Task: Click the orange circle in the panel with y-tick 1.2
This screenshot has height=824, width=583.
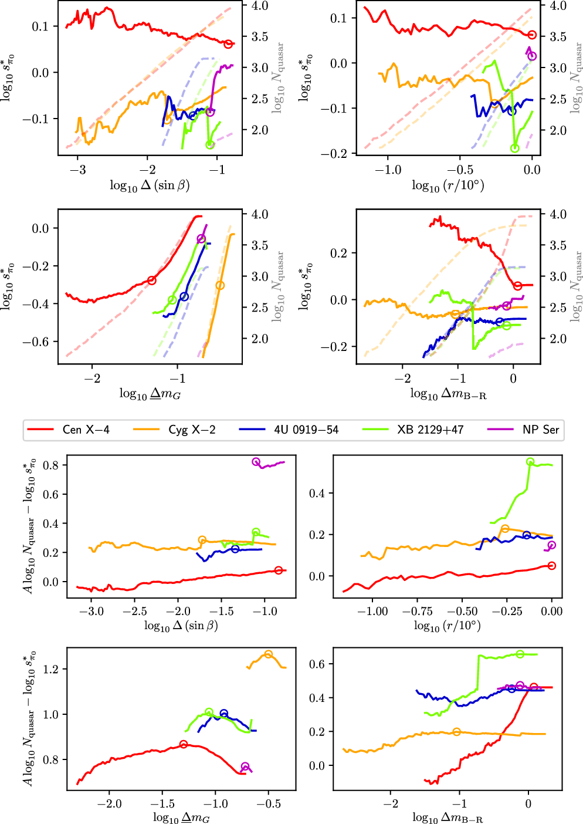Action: point(269,654)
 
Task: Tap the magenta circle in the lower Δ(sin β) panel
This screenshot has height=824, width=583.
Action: point(256,462)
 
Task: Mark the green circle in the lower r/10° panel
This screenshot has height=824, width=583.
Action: point(530,462)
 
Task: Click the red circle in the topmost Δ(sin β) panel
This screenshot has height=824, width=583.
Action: point(229,44)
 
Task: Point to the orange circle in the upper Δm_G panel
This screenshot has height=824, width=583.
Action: point(220,286)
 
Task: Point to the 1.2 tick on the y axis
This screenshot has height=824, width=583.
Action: point(50,669)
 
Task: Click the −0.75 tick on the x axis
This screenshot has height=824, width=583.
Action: point(417,611)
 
